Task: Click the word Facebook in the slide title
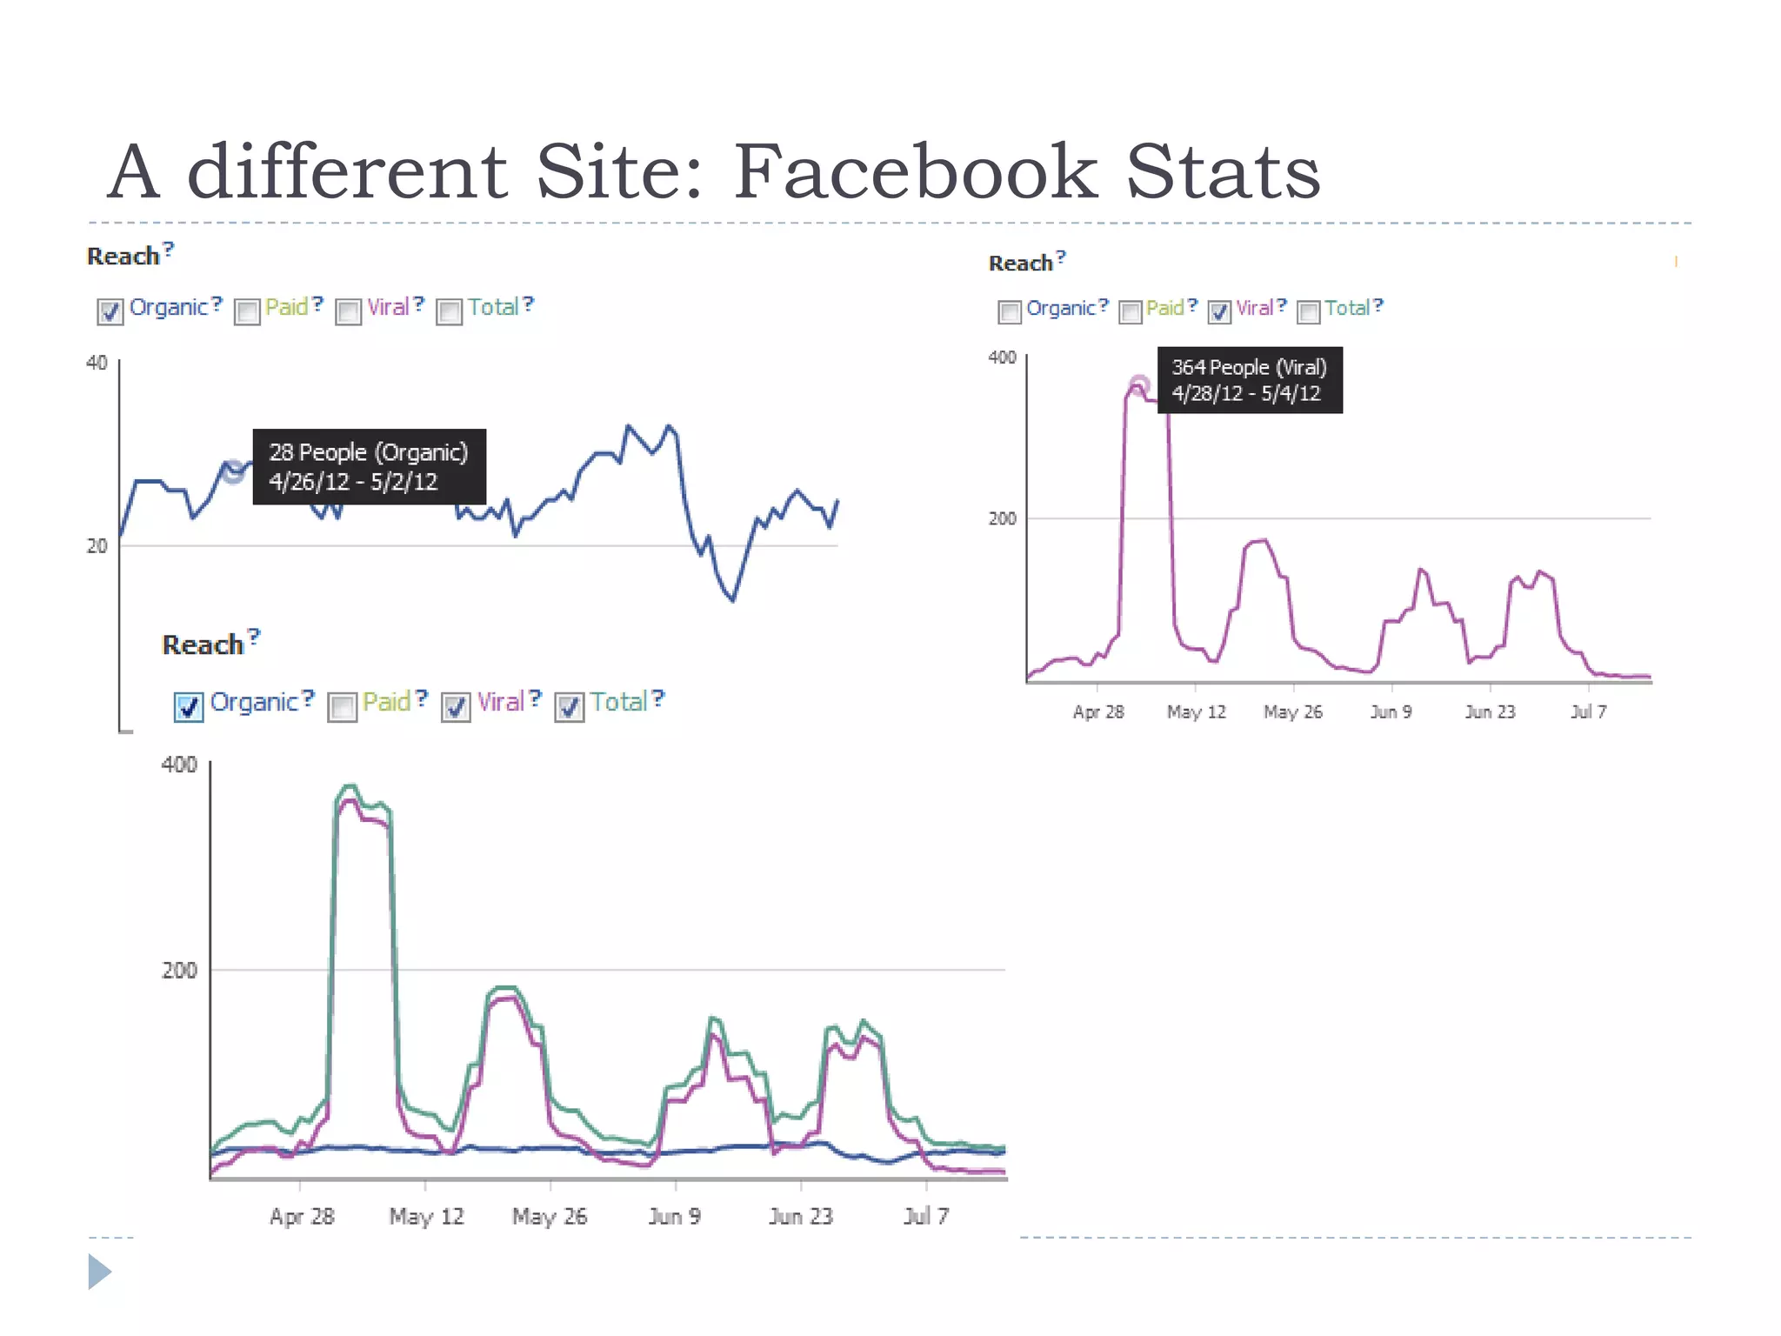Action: pyautogui.click(x=915, y=172)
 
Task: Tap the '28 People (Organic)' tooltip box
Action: pyautogui.click(x=369, y=467)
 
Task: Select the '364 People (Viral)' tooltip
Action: pyautogui.click(x=1249, y=380)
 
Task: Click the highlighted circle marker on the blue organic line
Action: pyautogui.click(x=232, y=472)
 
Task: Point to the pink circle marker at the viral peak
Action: pyautogui.click(x=1138, y=384)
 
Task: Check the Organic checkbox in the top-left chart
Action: pyautogui.click(x=110, y=311)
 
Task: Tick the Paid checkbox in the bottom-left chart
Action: pyautogui.click(x=342, y=706)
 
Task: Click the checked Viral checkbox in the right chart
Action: pyautogui.click(x=1219, y=311)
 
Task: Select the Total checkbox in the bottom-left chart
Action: pyautogui.click(x=569, y=706)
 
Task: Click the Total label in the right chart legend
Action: pyautogui.click(x=1346, y=308)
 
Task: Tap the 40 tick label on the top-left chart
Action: pyautogui.click(x=97, y=363)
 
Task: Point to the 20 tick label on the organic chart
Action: pyautogui.click(x=97, y=546)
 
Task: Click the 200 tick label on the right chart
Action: pyautogui.click(x=1002, y=518)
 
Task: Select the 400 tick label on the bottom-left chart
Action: pyautogui.click(x=179, y=765)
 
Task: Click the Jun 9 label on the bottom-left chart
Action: pyautogui.click(x=674, y=1216)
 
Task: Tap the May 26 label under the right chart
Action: pyautogui.click(x=1292, y=711)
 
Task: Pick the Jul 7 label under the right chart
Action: pyautogui.click(x=1588, y=711)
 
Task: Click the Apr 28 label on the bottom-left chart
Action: pyautogui.click(x=302, y=1216)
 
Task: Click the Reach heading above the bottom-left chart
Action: pyautogui.click(x=203, y=645)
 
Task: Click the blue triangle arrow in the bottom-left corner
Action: pyautogui.click(x=99, y=1272)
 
